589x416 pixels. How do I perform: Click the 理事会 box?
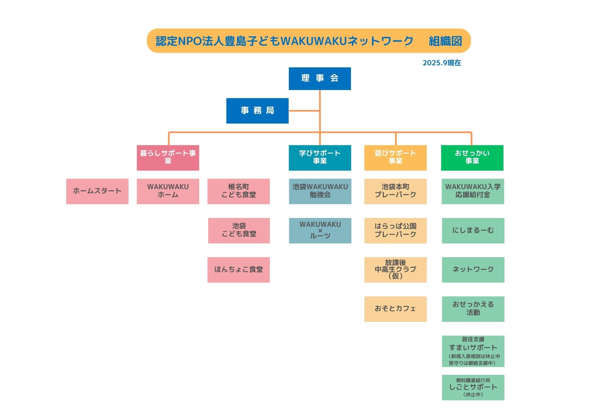[x=320, y=79]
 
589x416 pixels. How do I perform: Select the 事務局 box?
[x=257, y=111]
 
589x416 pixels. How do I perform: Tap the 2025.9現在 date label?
[x=442, y=63]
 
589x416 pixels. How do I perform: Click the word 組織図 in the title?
[x=445, y=41]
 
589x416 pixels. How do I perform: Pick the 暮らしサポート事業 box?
[x=168, y=158]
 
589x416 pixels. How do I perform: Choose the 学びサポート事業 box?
[x=320, y=158]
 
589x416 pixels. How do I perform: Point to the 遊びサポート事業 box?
[x=395, y=158]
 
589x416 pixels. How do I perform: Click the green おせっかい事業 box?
[x=472, y=158]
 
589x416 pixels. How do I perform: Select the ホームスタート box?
[x=97, y=191]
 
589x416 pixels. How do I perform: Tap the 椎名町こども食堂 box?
[x=239, y=191]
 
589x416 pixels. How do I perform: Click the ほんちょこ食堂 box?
[x=239, y=270]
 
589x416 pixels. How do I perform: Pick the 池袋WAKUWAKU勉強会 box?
[x=320, y=191]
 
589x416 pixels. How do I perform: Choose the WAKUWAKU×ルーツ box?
[x=320, y=231]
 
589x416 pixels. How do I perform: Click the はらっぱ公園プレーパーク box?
[x=395, y=231]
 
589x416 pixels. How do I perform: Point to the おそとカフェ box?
[x=395, y=309]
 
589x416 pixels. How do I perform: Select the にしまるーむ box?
[x=473, y=231]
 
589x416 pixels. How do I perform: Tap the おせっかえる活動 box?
[x=473, y=309]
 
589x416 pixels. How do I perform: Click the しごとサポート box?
[x=473, y=387]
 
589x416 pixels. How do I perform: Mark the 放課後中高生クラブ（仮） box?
[x=395, y=270]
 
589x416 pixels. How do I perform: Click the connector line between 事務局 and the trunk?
[x=304, y=111]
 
